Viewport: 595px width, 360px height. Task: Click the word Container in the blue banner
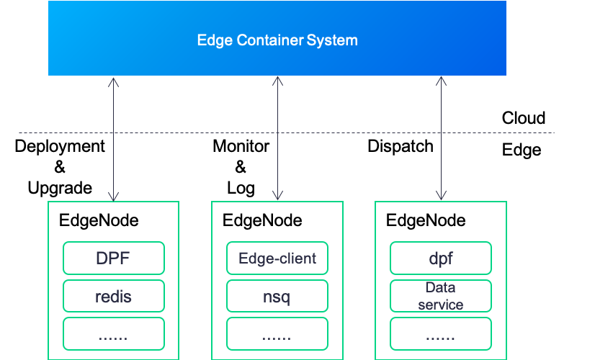tap(269, 40)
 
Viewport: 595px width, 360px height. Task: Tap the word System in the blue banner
tap(332, 40)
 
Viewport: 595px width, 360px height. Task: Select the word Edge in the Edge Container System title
tap(215, 40)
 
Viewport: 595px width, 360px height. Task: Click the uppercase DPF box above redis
tap(114, 258)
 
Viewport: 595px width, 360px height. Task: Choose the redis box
tap(114, 296)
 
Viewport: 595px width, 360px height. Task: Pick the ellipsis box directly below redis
tap(114, 334)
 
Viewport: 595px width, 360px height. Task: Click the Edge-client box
tap(277, 258)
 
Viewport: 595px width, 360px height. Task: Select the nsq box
tap(277, 296)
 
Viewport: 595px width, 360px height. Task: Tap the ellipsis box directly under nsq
tap(277, 334)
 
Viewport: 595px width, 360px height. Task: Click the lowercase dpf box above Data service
tap(441, 258)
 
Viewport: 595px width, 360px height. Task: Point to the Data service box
tap(441, 296)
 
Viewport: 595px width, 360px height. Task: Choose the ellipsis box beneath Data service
tap(441, 334)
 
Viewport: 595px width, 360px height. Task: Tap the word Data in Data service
tap(440, 289)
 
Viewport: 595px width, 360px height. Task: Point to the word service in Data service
tap(440, 304)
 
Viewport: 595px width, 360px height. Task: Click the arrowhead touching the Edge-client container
tap(277, 196)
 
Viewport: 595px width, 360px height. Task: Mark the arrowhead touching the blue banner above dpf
tap(441, 81)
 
